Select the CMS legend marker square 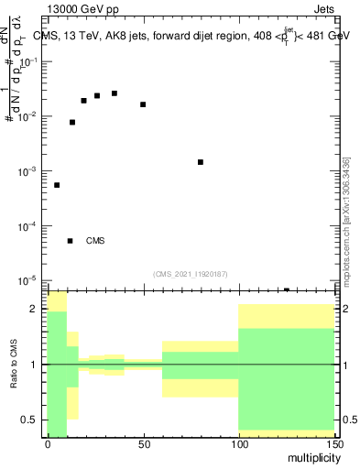click(x=70, y=241)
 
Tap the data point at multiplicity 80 click(x=201, y=162)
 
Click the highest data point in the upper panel click(x=115, y=93)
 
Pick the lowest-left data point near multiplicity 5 click(x=57, y=185)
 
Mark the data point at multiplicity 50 click(x=143, y=104)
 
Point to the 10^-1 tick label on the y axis click(x=29, y=61)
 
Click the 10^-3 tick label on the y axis click(x=29, y=171)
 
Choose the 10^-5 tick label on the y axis click(x=29, y=280)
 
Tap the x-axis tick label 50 click(x=143, y=446)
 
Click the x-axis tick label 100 click(x=238, y=446)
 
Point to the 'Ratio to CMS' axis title click(x=13, y=365)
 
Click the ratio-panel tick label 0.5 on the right click(x=349, y=420)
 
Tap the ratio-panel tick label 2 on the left click(x=37, y=310)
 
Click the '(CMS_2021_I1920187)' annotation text click(x=191, y=273)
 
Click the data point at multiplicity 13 click(x=72, y=122)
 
